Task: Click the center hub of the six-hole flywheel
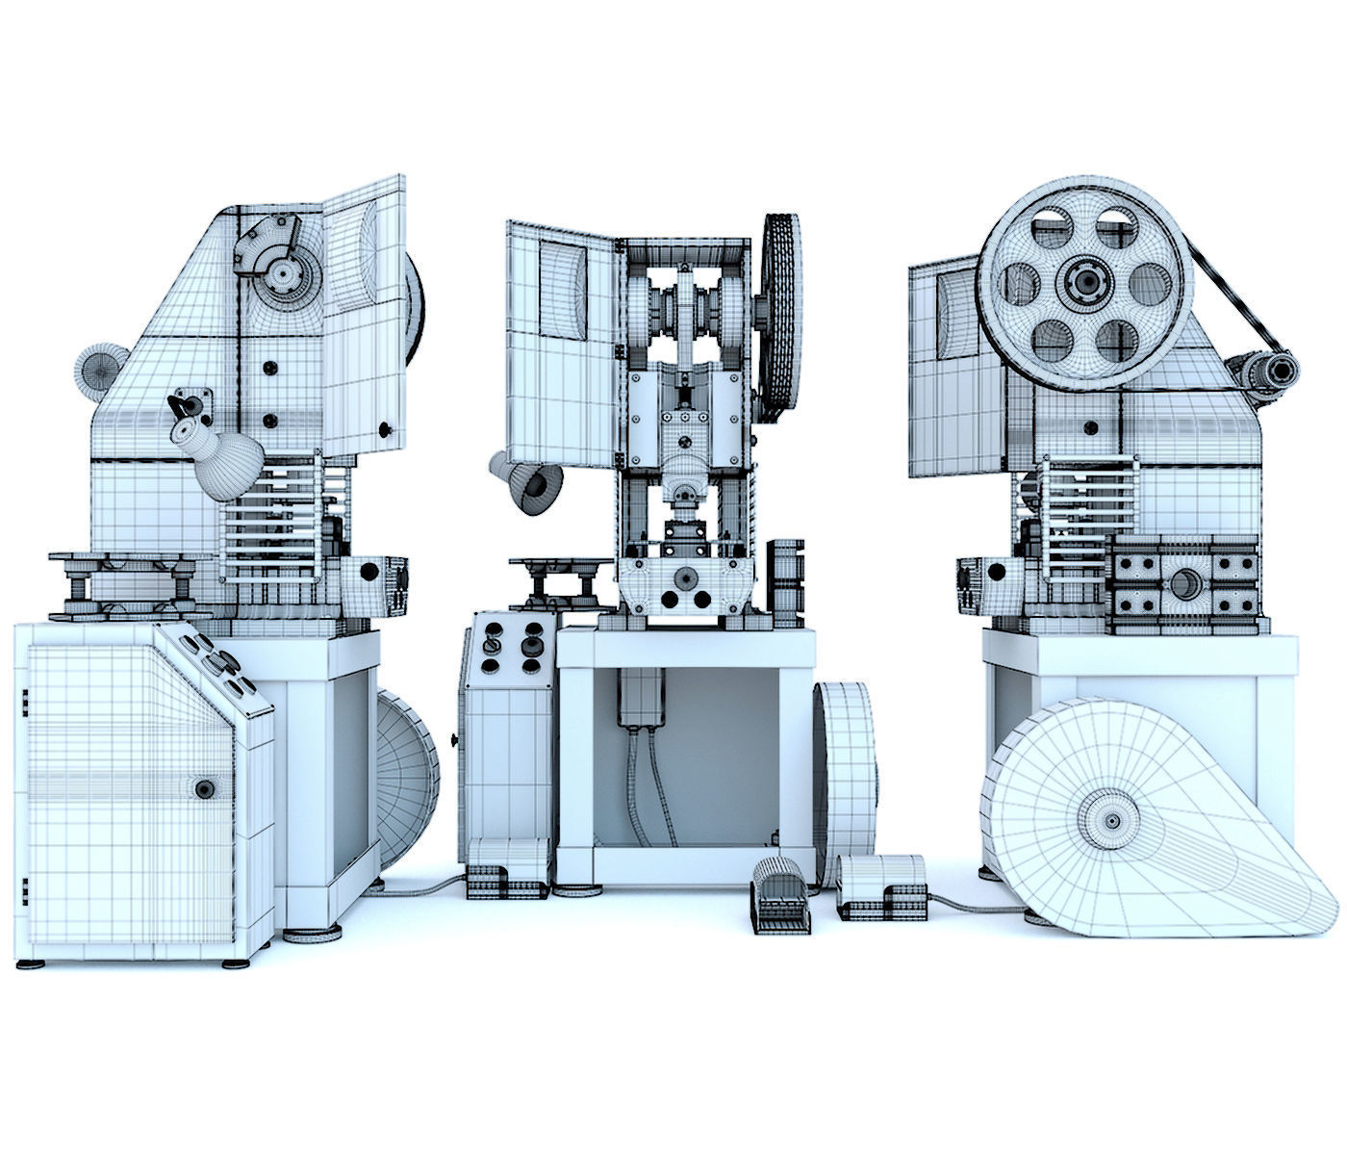1088,281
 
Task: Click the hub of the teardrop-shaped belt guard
1112,821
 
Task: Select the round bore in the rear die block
1184,583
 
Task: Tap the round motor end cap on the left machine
97,370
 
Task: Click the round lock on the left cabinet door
204,789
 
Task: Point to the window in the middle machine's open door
562,289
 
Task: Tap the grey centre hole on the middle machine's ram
684,577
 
